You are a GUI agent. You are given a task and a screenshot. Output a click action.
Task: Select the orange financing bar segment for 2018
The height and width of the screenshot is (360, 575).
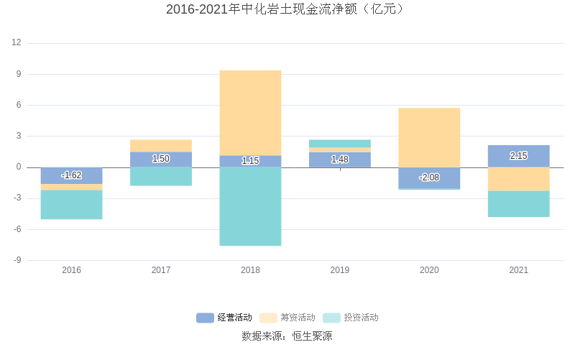(250, 113)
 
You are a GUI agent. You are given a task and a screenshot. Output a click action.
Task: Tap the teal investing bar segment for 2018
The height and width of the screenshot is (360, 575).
(250, 206)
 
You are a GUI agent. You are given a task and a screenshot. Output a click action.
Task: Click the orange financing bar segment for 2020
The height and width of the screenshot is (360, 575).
(429, 137)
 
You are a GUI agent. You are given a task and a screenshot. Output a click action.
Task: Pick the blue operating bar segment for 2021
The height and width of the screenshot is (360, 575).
(518, 156)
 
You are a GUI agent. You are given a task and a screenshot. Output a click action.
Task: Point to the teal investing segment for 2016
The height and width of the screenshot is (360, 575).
(71, 204)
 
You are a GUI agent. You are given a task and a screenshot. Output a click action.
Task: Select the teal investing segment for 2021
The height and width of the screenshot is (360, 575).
(518, 203)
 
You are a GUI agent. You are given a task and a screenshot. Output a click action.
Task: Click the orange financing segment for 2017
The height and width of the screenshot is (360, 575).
(161, 146)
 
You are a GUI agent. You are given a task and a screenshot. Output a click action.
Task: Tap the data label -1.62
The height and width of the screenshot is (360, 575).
(71, 175)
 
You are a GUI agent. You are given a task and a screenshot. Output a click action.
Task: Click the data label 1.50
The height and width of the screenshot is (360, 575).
(161, 159)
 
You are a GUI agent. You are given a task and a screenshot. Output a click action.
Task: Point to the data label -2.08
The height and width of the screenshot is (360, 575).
(429, 177)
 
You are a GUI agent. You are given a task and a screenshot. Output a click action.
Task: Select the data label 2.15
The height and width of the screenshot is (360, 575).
(518, 156)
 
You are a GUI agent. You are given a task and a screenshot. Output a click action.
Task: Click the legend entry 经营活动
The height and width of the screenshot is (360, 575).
(225, 318)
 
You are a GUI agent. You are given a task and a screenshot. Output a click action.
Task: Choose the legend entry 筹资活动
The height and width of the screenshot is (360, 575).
(288, 318)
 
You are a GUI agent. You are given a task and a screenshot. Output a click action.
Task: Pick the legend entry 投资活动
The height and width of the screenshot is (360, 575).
(351, 318)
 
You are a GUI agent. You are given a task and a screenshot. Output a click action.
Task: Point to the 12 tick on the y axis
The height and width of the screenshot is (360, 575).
(17, 43)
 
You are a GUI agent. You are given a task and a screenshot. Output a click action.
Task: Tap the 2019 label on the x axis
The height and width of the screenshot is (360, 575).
(340, 270)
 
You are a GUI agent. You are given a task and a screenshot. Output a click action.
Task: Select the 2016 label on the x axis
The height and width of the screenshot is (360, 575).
(71, 270)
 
